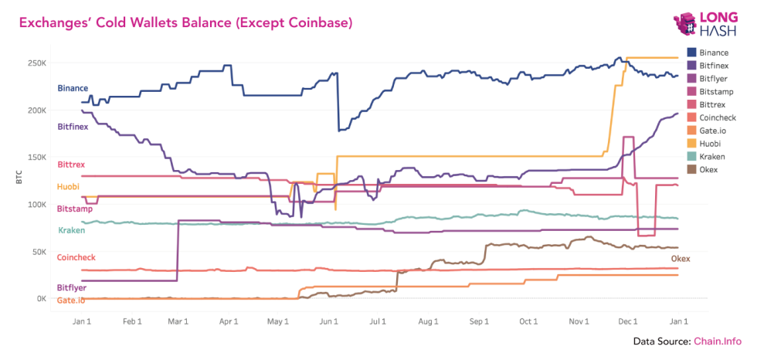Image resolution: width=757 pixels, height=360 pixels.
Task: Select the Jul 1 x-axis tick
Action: point(378,321)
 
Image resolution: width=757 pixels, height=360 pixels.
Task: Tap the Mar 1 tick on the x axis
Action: point(179,321)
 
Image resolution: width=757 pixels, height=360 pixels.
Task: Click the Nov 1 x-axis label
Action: point(579,321)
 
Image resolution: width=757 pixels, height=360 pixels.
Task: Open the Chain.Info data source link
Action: point(717,341)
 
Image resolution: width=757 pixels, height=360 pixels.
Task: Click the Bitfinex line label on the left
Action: point(74,125)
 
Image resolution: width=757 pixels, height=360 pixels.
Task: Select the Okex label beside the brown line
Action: point(680,258)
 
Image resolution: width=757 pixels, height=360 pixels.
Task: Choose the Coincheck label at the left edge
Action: point(76,257)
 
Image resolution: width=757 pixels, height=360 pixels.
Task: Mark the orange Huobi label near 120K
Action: point(70,187)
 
